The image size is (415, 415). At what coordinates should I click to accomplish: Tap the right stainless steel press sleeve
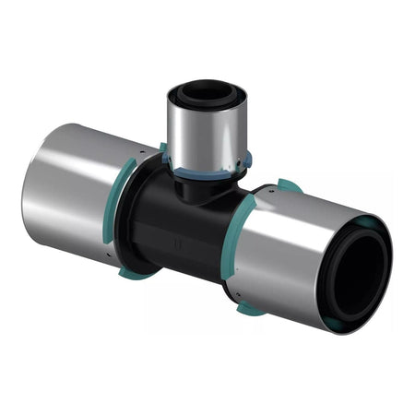click(295, 249)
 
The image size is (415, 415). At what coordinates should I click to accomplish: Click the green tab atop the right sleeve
click(289, 186)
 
